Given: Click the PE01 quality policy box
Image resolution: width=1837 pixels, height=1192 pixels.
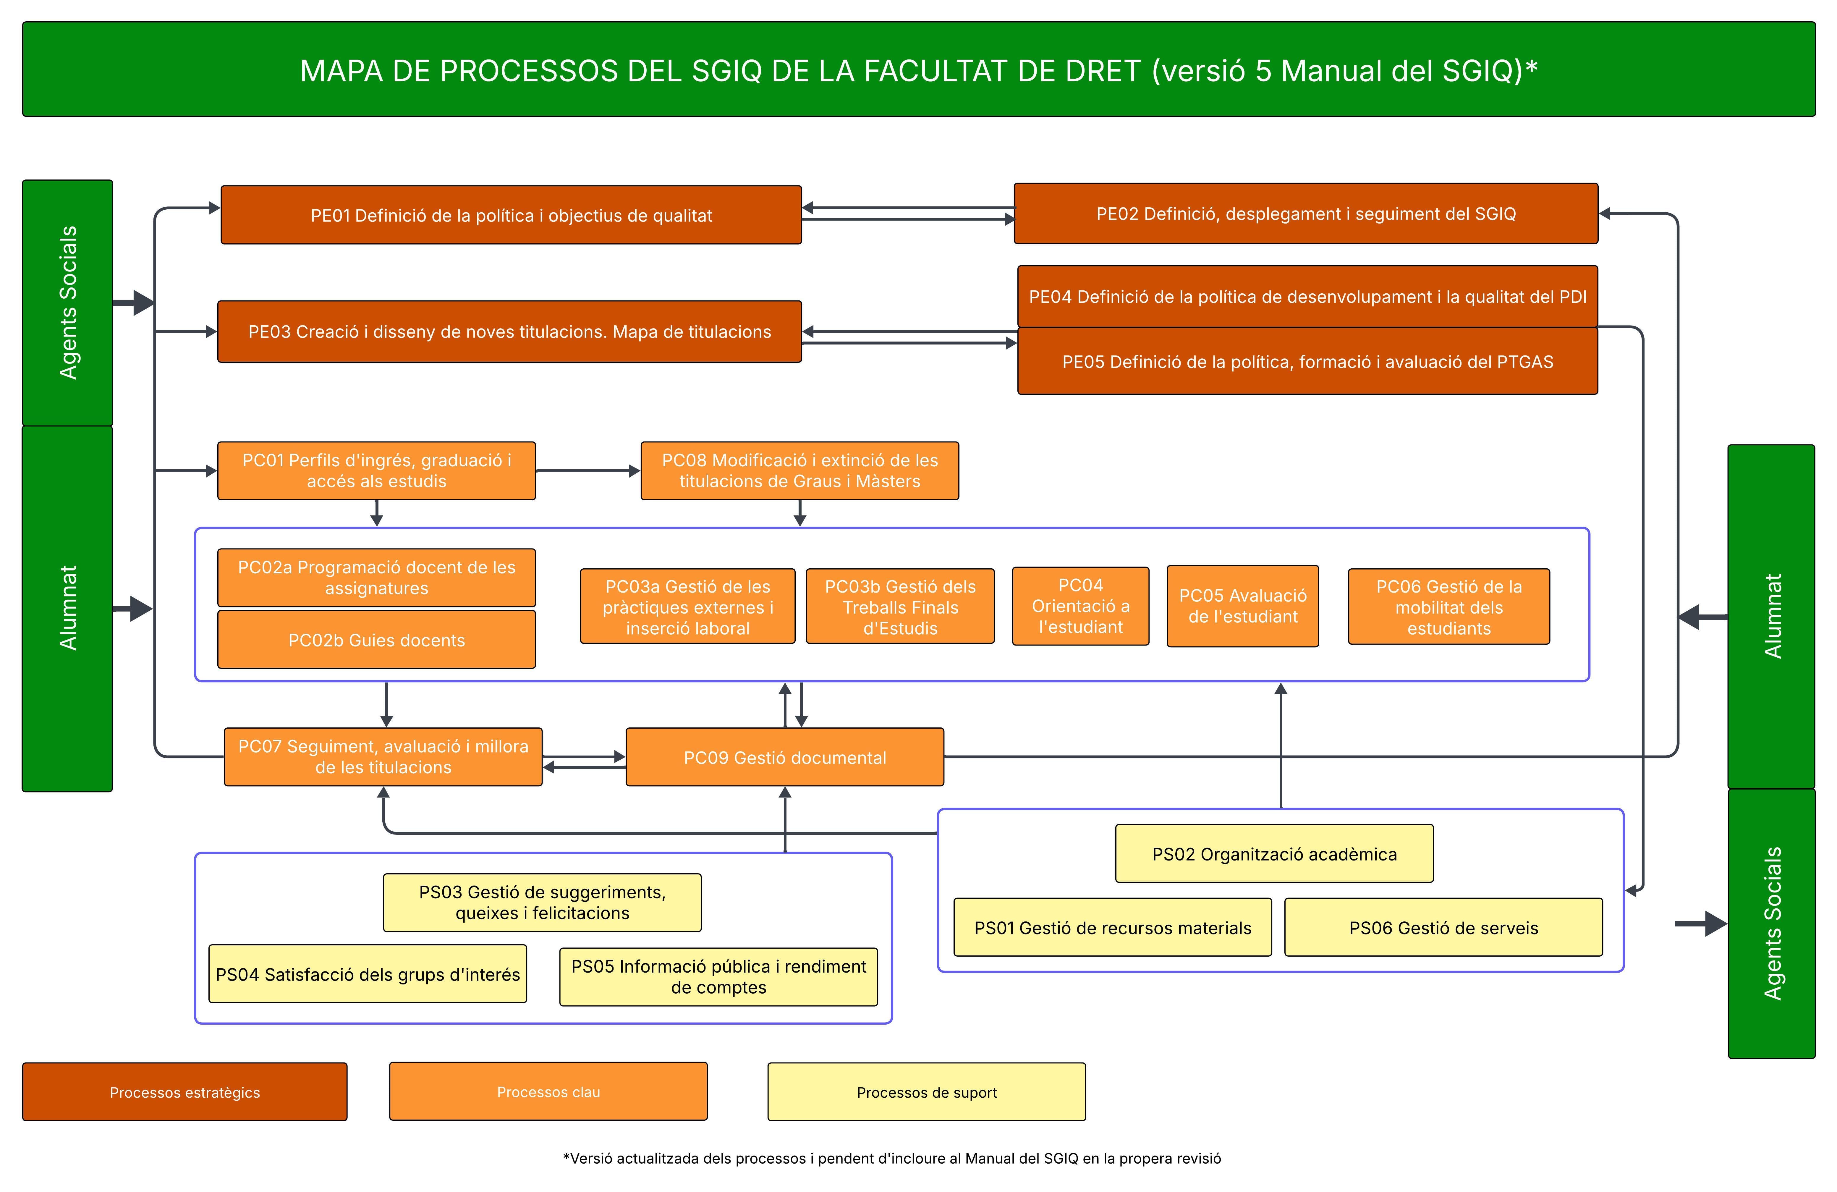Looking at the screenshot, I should point(511,215).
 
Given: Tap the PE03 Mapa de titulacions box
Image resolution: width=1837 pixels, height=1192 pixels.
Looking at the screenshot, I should point(509,332).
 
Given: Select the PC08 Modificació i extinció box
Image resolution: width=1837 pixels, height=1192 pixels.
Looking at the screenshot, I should point(799,471).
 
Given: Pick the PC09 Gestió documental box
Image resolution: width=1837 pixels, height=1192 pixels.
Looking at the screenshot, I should point(784,757).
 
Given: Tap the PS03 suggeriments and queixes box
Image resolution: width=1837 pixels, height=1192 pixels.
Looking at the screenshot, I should point(542,903).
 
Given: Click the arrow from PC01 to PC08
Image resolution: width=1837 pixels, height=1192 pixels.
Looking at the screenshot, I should point(587,471).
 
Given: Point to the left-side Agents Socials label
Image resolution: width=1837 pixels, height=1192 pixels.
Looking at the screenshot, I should point(68,303).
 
